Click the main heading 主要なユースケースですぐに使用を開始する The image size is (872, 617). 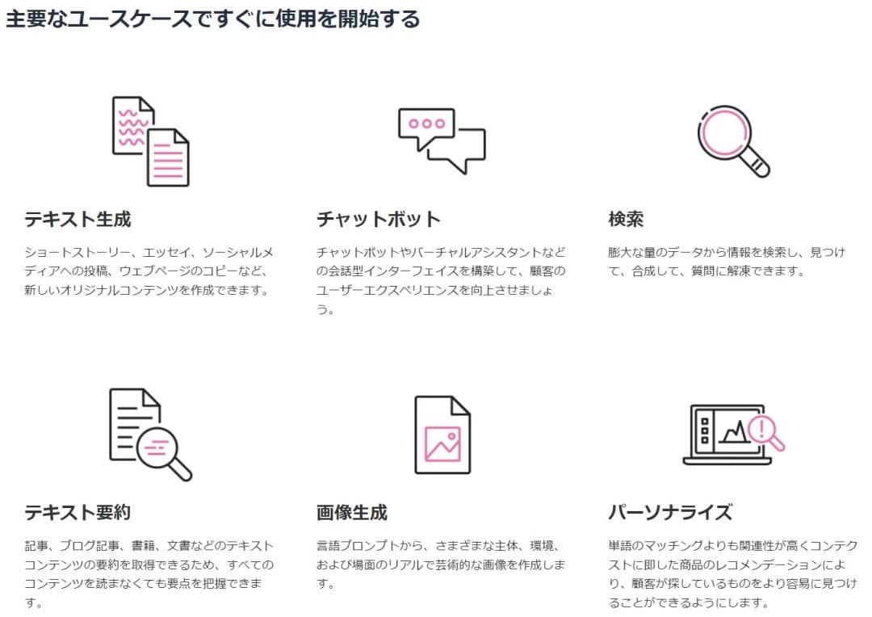point(212,19)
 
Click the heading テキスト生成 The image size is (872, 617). point(78,219)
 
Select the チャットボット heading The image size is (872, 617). point(378,219)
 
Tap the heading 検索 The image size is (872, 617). point(626,219)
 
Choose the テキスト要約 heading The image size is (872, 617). point(78,512)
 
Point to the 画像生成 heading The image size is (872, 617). point(352,512)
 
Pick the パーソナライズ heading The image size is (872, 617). point(670,512)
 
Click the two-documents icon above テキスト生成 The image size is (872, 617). point(151,141)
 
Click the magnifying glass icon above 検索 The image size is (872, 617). point(733,141)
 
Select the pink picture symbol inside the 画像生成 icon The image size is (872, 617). point(442,443)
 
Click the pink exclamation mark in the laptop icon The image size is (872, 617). point(762,428)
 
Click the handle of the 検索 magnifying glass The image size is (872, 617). point(757,164)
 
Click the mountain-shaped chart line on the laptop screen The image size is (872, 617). point(736,432)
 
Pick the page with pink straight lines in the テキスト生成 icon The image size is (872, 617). point(169,158)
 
